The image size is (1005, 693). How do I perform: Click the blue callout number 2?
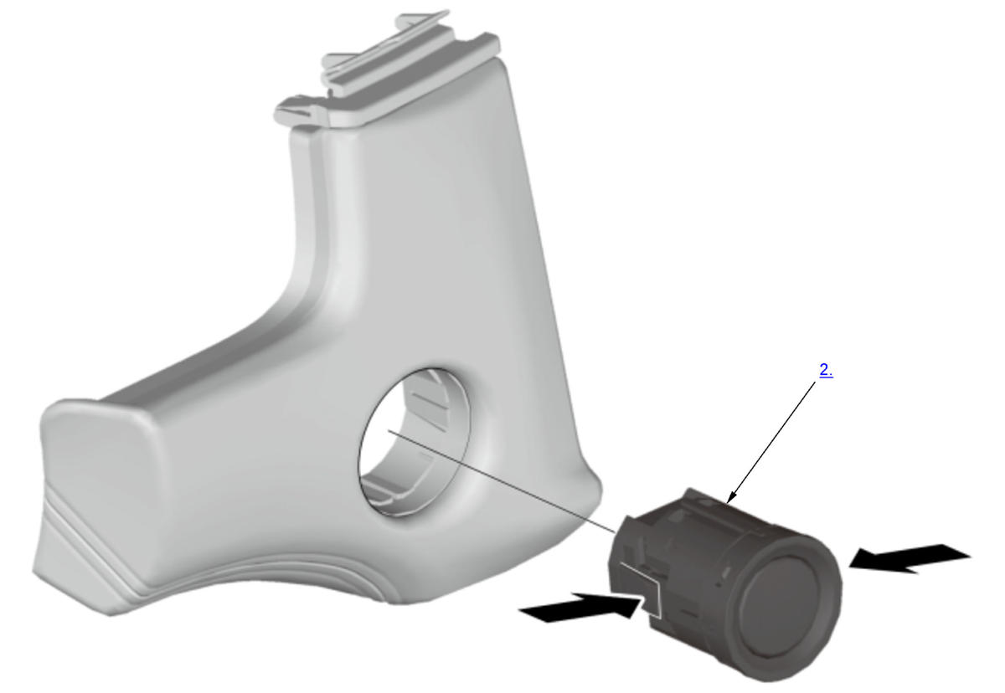(x=826, y=370)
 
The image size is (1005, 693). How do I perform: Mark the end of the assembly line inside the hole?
(x=389, y=431)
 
